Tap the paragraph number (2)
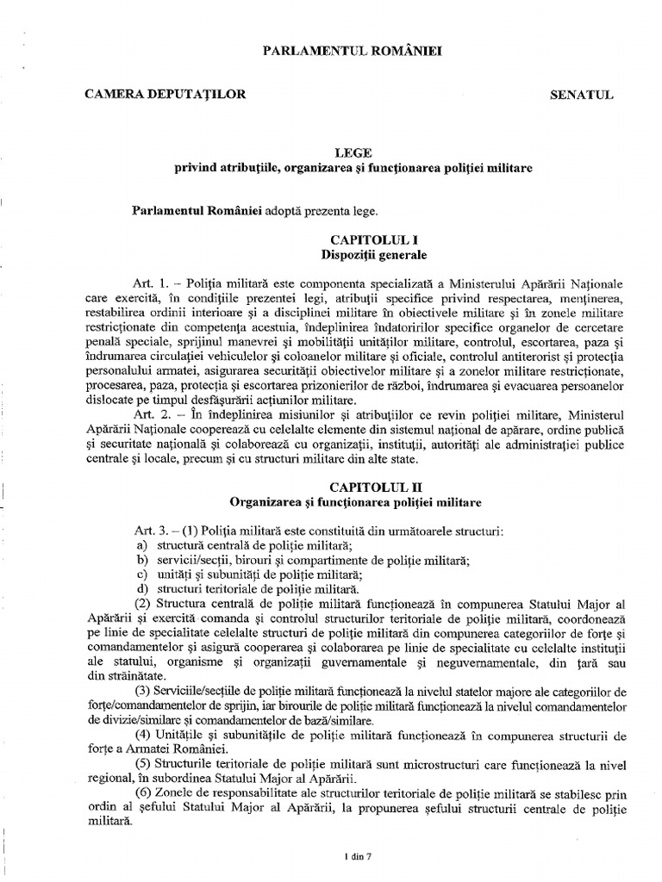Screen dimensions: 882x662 (141, 604)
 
